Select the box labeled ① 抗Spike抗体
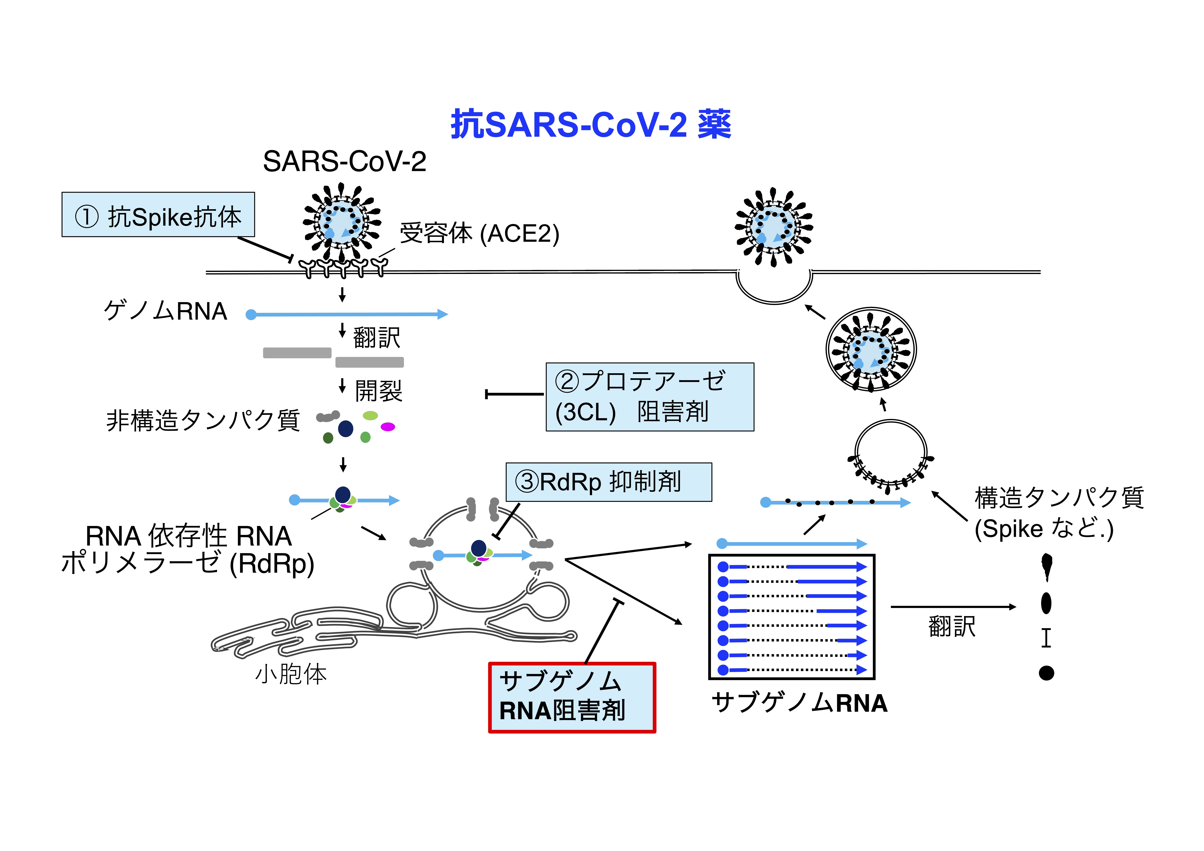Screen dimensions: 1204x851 (158, 214)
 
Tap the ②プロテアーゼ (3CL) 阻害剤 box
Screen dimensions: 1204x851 (650, 397)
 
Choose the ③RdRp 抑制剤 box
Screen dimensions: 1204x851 (609, 482)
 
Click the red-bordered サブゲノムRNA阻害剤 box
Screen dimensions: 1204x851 (572, 697)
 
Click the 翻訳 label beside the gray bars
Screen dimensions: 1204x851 (376, 337)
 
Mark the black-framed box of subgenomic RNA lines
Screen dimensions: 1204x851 (792, 617)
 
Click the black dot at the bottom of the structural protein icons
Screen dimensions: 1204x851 (1046, 673)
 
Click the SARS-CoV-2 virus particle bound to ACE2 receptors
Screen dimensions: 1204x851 (342, 223)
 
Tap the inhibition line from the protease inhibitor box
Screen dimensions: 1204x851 (514, 394)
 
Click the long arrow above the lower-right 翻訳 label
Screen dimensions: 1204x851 (953, 607)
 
